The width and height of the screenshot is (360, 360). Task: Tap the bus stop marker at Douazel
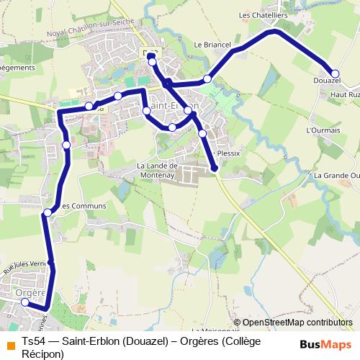click(335, 73)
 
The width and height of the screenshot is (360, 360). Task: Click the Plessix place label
click(227, 153)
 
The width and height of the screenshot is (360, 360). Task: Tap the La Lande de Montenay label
click(156, 169)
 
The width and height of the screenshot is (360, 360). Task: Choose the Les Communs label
click(82, 206)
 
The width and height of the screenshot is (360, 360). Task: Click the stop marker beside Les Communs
click(48, 212)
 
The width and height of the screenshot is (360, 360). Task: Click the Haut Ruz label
click(344, 94)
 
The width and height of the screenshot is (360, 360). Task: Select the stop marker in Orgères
click(25, 302)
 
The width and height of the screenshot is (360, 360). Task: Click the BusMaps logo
click(325, 344)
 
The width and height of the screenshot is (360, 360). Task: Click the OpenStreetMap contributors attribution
click(297, 323)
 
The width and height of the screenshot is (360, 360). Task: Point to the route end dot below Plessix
click(215, 168)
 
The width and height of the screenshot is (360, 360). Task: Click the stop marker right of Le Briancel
click(207, 78)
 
